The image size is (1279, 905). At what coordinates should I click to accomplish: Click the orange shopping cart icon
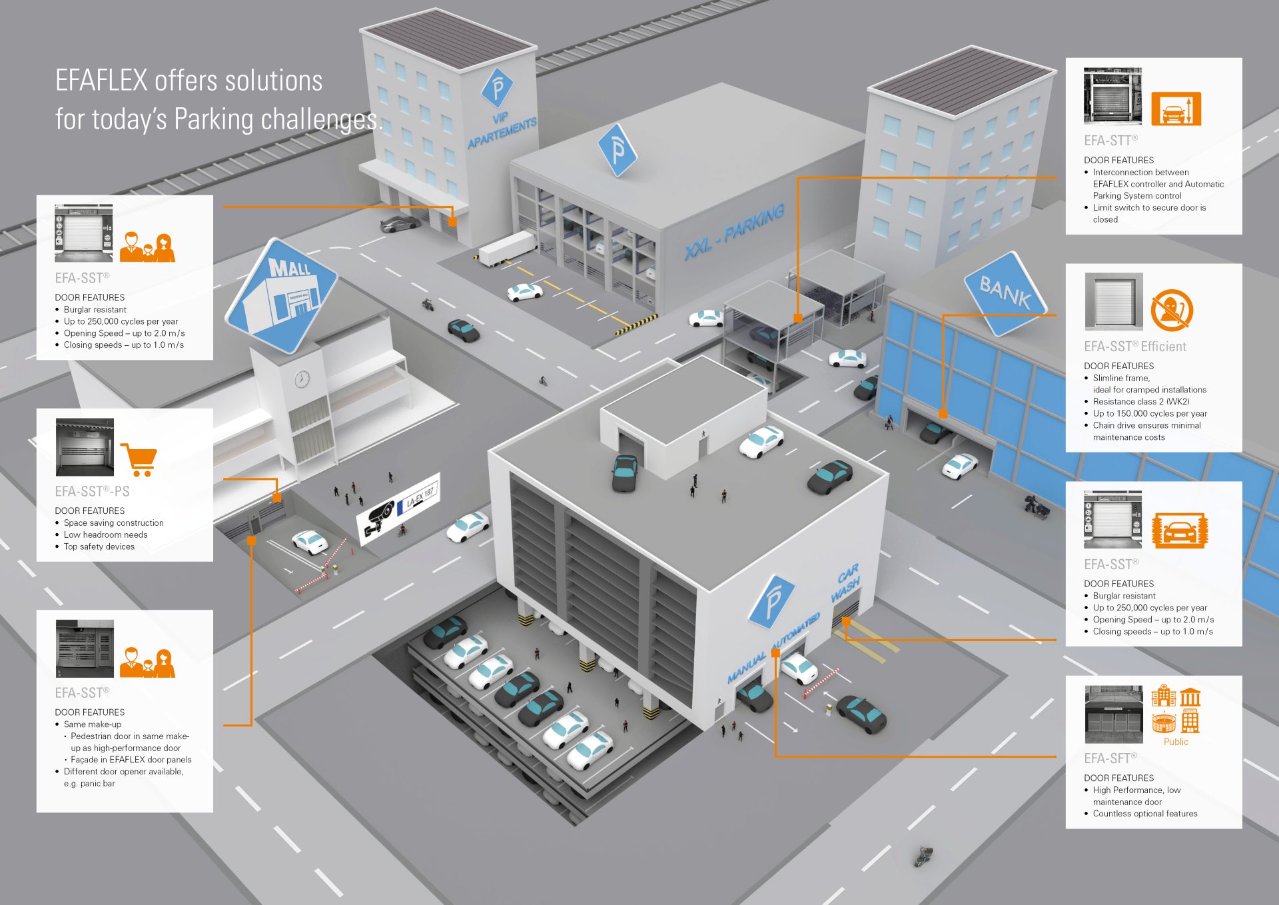[139, 459]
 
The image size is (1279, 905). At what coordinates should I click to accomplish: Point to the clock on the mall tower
[302, 379]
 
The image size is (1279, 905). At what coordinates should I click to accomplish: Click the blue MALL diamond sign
[281, 295]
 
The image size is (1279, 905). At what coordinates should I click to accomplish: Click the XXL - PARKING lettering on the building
[734, 232]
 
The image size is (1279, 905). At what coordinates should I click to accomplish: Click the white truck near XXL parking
[508, 249]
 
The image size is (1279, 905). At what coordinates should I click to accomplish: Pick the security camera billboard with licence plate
[398, 508]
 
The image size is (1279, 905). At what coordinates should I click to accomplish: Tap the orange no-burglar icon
[1172, 310]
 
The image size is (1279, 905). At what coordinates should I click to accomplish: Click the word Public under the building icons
[1176, 742]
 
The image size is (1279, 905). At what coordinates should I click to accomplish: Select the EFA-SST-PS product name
[92, 492]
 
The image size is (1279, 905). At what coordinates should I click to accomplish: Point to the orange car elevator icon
[1176, 109]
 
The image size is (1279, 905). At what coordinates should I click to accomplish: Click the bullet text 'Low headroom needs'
[106, 534]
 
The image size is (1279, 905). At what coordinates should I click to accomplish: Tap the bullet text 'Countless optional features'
[1145, 814]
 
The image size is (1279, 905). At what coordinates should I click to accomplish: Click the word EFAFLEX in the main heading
[101, 81]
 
